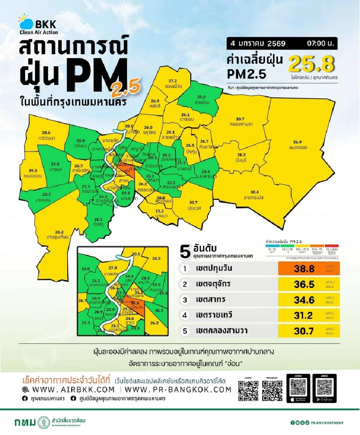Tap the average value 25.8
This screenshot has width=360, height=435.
click(x=311, y=65)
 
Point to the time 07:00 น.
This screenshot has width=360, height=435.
click(x=321, y=43)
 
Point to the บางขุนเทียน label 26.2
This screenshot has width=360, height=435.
click(x=59, y=234)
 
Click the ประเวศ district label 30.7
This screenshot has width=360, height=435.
click(x=193, y=205)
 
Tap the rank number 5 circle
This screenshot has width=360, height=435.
click(x=184, y=330)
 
